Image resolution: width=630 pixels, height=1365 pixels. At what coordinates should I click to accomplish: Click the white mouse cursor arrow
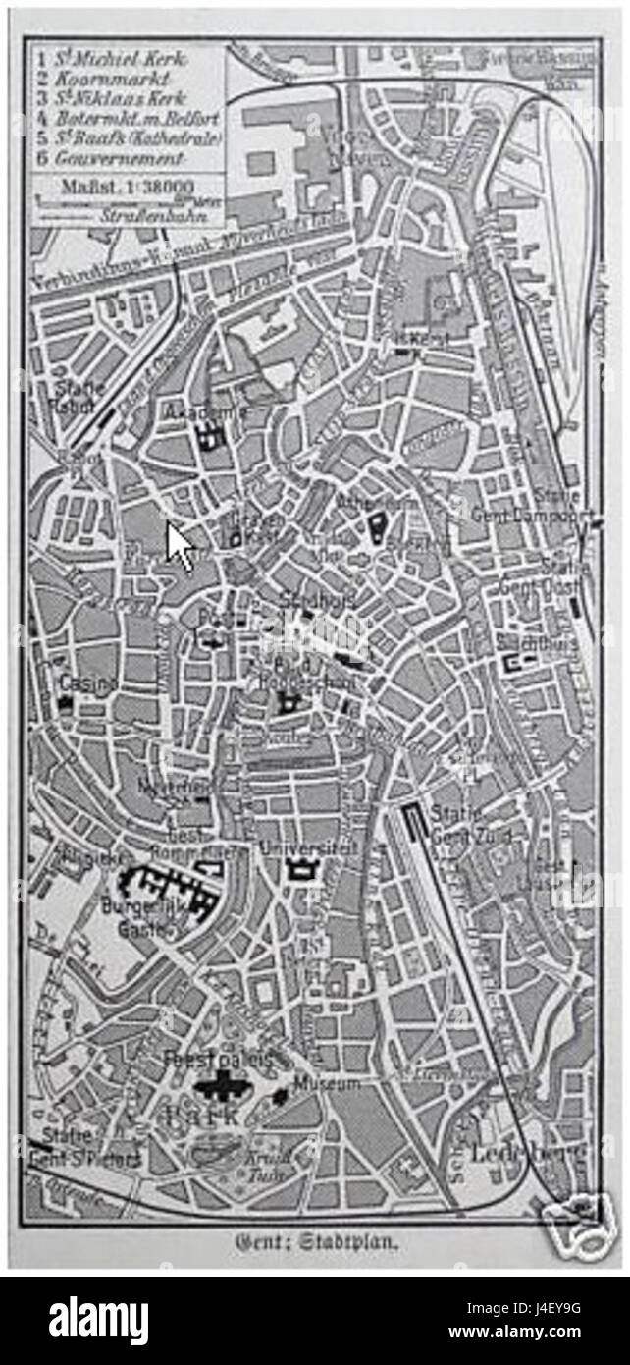pos(179,546)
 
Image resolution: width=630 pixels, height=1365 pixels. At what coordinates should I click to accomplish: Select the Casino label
pos(88,681)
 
